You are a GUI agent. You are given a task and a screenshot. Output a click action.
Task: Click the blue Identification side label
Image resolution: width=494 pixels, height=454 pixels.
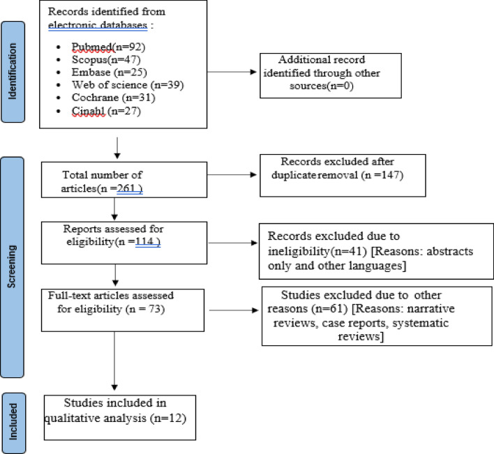(x=13, y=72)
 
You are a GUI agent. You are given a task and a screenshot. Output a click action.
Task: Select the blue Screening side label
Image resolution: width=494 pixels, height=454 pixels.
(x=12, y=267)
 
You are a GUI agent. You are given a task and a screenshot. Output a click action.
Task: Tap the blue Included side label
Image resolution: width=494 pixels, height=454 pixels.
(x=13, y=423)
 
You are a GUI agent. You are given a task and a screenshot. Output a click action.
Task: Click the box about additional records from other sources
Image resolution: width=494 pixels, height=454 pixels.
(x=331, y=75)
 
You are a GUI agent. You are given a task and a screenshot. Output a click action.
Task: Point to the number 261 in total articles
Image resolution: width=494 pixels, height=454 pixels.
(x=126, y=188)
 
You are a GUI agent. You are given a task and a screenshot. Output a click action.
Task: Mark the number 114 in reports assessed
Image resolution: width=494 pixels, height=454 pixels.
(x=144, y=241)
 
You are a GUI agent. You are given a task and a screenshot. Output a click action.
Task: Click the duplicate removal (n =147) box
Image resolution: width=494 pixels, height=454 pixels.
(x=343, y=175)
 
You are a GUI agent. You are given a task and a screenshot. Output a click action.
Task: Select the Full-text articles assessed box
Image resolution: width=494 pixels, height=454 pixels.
(x=123, y=310)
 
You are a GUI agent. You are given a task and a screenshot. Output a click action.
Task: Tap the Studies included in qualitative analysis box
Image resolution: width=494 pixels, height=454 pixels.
(x=120, y=418)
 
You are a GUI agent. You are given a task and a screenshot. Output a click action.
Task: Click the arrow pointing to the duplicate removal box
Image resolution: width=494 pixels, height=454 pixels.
(x=232, y=175)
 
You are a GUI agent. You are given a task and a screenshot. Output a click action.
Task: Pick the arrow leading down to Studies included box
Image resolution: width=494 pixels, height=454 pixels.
(x=114, y=361)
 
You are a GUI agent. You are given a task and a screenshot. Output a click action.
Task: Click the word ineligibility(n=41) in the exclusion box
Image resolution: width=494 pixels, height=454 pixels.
(x=317, y=251)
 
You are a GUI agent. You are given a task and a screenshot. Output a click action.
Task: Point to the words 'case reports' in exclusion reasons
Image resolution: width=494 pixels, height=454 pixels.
(x=354, y=323)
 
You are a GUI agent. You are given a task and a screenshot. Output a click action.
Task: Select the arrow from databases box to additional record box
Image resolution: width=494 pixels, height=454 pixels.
(x=232, y=72)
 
